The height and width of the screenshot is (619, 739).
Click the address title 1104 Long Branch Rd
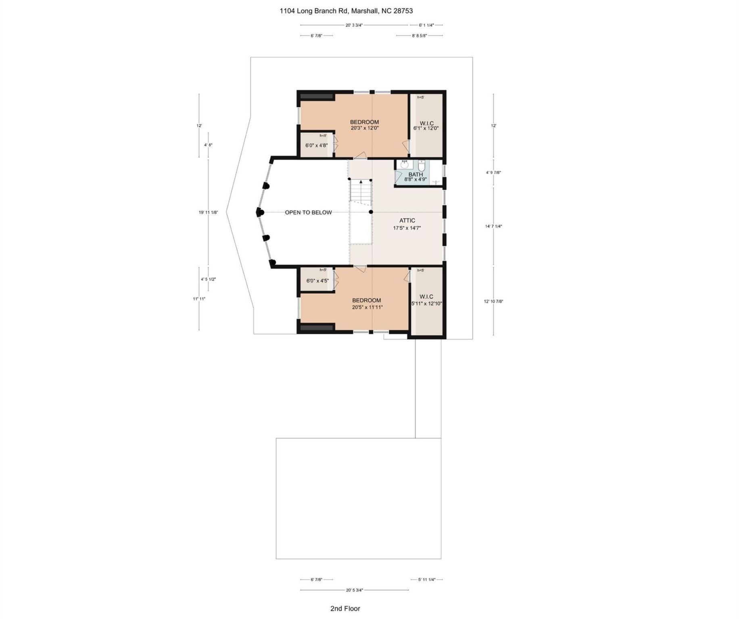click(x=346, y=11)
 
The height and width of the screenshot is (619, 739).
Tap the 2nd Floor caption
click(x=345, y=608)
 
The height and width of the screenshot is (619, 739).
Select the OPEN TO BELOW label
click(x=308, y=212)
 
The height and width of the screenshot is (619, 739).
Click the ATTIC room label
click(x=407, y=220)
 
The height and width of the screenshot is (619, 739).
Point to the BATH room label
click(x=415, y=174)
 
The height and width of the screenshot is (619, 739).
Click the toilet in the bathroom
click(x=422, y=166)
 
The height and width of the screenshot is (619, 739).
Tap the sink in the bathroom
click(x=404, y=164)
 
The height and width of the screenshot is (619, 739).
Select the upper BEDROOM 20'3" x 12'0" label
click(x=364, y=125)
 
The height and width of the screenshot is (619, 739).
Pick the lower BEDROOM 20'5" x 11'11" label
click(x=367, y=303)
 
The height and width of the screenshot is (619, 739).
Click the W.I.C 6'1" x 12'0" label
click(x=426, y=126)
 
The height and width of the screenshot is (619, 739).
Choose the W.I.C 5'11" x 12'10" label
click(x=426, y=300)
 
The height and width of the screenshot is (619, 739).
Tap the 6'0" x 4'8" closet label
click(x=316, y=145)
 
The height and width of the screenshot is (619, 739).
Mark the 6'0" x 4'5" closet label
click(x=317, y=280)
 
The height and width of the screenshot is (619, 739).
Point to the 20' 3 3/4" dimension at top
click(x=354, y=25)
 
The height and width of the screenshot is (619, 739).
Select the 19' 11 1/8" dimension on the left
click(x=208, y=212)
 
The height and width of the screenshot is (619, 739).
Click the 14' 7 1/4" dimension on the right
click(x=493, y=226)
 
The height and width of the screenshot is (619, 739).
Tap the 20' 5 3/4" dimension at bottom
click(x=354, y=590)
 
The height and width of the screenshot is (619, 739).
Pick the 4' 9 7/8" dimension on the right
click(x=493, y=172)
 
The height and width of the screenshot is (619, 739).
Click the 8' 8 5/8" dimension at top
click(x=419, y=35)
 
